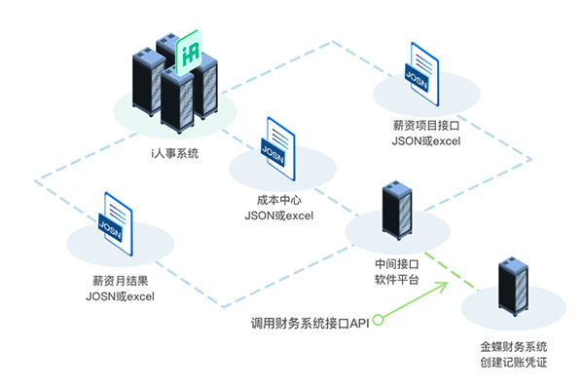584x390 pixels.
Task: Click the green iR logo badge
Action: point(191,54)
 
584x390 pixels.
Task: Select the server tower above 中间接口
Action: point(396,210)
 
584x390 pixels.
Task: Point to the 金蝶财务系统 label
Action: point(513,346)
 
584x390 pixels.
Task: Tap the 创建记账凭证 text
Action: point(513,362)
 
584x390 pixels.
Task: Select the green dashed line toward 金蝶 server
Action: point(457,274)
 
